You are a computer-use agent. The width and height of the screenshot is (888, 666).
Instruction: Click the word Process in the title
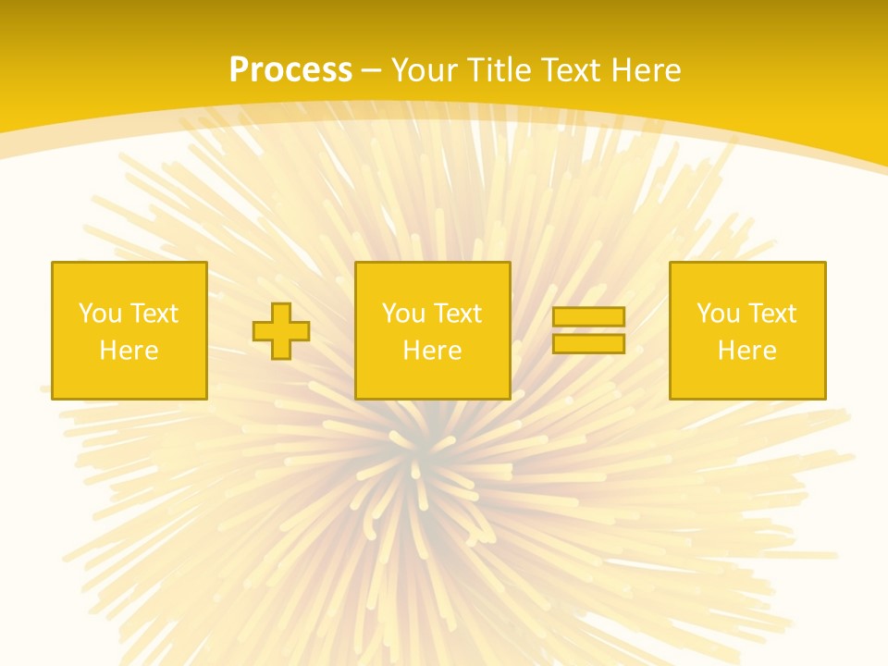290,69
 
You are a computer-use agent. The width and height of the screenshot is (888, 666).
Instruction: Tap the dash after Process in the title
372,70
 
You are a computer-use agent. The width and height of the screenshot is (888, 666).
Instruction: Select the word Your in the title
424,70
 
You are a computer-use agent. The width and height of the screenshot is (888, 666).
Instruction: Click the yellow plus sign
281,331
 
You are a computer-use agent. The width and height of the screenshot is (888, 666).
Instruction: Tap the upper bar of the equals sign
588,317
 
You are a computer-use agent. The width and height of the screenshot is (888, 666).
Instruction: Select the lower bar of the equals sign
588,344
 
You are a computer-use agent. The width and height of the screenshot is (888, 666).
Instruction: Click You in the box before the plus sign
100,314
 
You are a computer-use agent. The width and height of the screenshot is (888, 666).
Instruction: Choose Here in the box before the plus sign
129,351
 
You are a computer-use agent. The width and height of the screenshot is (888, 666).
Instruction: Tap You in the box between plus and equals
403,314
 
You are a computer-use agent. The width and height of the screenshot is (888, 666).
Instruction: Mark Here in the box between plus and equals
432,351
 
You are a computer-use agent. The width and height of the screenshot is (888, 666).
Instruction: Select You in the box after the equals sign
718,314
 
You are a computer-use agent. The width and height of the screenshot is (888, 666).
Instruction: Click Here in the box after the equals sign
746,351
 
